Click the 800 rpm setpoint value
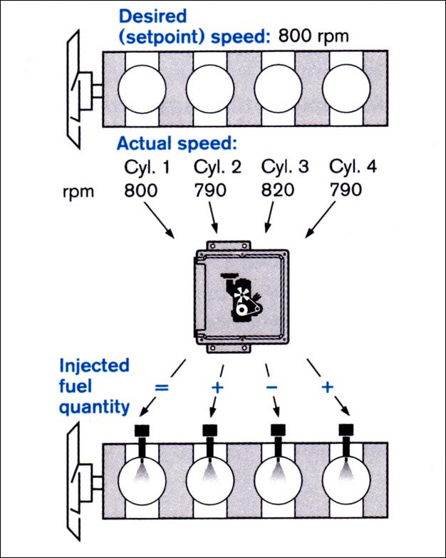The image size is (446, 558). click(313, 35)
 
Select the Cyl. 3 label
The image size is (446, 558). click(284, 168)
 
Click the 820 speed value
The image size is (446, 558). click(284, 191)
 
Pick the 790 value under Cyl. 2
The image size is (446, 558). click(212, 191)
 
